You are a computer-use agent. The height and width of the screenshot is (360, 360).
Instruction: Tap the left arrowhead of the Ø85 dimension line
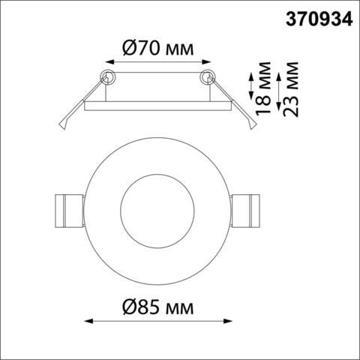[x=84, y=321]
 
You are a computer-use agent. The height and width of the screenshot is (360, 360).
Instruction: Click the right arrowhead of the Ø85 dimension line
[x=229, y=321]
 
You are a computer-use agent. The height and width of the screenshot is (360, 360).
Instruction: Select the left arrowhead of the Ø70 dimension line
[x=103, y=65]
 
